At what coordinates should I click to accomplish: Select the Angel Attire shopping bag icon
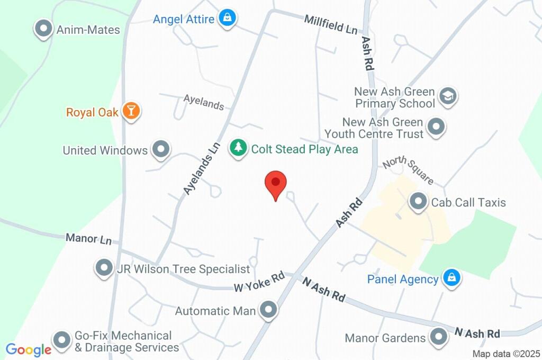point(228,18)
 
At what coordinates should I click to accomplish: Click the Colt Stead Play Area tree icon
point(238,148)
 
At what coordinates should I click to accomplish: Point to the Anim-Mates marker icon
point(43,29)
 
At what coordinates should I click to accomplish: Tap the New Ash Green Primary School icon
point(448,96)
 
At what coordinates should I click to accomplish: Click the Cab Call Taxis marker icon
point(419,201)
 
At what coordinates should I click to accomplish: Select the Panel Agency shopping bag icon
point(451,278)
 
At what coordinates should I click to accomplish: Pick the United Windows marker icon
point(160,150)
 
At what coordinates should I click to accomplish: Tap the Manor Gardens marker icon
point(438,337)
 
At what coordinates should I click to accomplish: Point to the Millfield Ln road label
point(331,24)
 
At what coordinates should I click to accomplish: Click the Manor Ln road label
point(88,239)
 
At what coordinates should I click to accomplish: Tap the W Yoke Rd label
point(259,282)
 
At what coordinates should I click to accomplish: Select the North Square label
point(408,169)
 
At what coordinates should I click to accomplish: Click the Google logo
point(29,350)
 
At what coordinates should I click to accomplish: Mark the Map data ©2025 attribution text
point(506,354)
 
